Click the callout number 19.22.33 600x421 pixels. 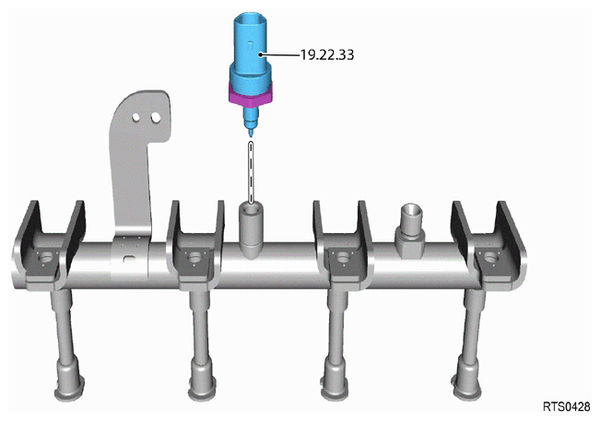326,55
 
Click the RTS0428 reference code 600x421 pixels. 567,406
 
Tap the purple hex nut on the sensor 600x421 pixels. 251,95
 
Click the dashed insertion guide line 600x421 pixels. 251,172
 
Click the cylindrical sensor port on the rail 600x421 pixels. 251,229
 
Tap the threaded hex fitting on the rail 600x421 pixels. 411,230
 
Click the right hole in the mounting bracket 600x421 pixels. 156,118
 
